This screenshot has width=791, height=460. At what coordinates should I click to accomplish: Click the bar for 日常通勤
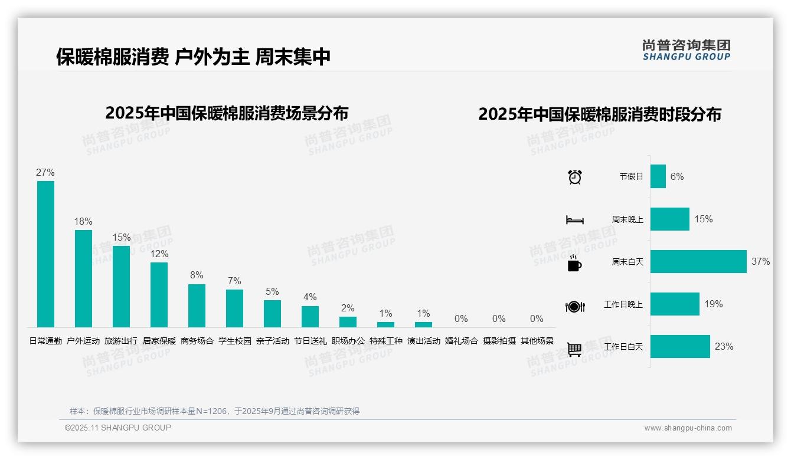pos(45,254)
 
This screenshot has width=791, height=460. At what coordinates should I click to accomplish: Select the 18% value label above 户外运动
pos(83,222)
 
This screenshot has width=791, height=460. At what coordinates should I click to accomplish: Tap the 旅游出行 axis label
pos(121,341)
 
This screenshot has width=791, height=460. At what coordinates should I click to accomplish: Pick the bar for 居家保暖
pos(159,295)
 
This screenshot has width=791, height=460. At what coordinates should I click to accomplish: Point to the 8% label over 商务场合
pos(197,275)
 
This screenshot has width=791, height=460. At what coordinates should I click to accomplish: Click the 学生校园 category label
pos(234,341)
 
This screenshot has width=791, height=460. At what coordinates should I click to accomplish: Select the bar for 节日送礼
pos(310,317)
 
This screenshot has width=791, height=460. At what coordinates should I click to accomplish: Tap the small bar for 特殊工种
pos(385,324)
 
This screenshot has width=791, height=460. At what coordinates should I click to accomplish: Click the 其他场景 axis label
pos(537,341)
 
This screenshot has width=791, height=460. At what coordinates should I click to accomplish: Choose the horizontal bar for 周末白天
pos(698,262)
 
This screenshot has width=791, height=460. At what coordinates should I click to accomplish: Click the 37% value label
pos(760,262)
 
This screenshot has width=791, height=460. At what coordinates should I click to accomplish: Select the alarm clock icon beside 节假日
pos(575,177)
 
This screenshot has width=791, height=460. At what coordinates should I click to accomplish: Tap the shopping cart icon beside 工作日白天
pos(574,349)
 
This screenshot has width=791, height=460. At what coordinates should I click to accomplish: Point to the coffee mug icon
pos(574,264)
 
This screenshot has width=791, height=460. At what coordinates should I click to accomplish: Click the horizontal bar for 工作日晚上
pos(675,304)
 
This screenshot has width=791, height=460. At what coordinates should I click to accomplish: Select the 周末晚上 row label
pos(627,219)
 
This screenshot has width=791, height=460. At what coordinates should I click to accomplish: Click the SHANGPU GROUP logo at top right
pos(687,50)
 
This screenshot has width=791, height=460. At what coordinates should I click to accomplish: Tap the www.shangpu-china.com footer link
pos(688,428)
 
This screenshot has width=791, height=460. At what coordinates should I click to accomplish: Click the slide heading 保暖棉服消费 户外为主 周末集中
pos(193,57)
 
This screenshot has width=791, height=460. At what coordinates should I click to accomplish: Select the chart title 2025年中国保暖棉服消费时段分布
pos(600,114)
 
